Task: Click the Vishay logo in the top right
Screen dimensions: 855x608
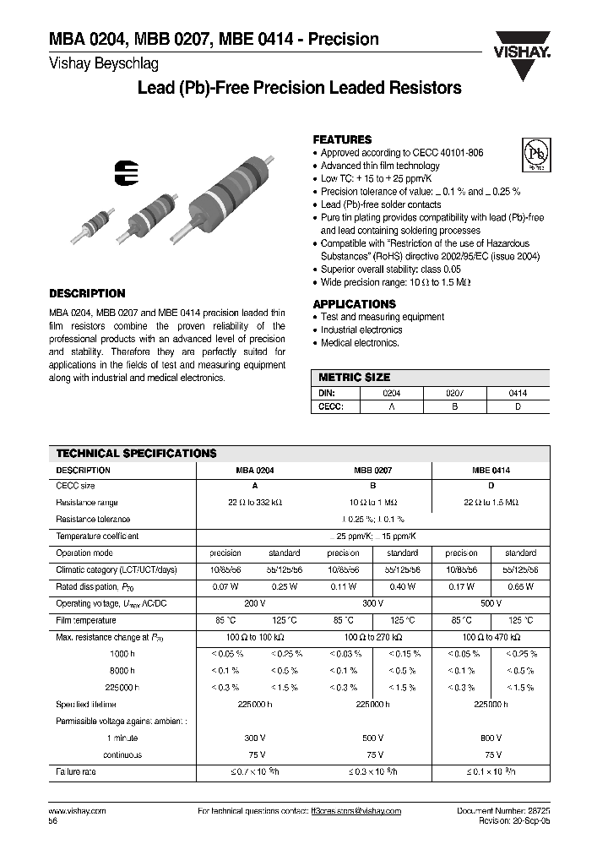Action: coord(522,43)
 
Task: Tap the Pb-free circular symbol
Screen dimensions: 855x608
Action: coord(533,155)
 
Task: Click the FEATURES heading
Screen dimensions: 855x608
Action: coord(342,139)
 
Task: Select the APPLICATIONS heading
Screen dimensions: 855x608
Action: coord(354,304)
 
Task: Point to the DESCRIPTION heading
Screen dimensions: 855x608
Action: coord(87,293)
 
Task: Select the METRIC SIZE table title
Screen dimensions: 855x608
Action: coord(354,378)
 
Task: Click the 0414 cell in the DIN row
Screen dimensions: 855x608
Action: coord(518,393)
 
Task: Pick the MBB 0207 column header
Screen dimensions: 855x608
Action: coord(372,470)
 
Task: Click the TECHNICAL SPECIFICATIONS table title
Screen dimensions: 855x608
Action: coord(135,453)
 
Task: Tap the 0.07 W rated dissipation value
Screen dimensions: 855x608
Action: coord(225,586)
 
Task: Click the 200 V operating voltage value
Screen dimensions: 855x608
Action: coord(253,603)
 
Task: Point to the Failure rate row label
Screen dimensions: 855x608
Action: coord(77,772)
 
